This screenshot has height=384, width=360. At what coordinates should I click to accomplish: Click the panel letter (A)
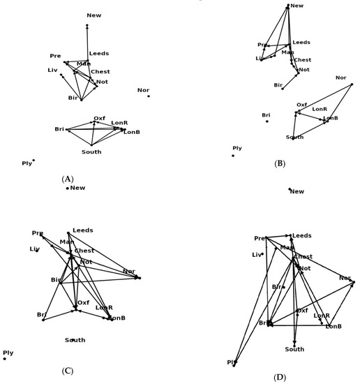click(x=68, y=179)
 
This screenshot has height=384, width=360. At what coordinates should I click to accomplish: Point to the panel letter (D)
click(x=280, y=378)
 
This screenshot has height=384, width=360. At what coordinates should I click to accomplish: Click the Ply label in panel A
click(x=27, y=163)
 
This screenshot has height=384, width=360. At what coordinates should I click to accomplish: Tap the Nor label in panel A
click(x=143, y=90)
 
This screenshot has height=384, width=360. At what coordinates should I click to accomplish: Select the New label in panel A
click(x=93, y=15)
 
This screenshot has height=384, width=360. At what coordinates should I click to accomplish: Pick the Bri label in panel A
click(x=59, y=128)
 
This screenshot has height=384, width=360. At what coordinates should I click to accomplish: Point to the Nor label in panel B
click(x=340, y=77)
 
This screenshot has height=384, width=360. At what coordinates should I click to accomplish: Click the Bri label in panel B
click(x=266, y=115)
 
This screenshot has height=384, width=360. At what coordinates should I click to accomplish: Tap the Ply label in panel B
click(x=237, y=148)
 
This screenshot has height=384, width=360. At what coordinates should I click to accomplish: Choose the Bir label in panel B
click(x=278, y=85)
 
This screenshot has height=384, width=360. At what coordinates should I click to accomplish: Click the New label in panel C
click(x=77, y=187)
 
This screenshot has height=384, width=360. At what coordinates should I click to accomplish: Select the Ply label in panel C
click(x=8, y=353)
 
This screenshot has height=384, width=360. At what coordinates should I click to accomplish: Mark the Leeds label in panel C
click(x=82, y=230)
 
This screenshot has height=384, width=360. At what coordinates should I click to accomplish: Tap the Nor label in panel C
click(x=129, y=271)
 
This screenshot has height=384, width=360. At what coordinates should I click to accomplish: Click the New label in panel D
click(x=297, y=191)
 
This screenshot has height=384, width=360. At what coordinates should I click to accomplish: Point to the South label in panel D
click(x=294, y=349)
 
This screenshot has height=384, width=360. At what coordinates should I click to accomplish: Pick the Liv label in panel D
click(x=256, y=255)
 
